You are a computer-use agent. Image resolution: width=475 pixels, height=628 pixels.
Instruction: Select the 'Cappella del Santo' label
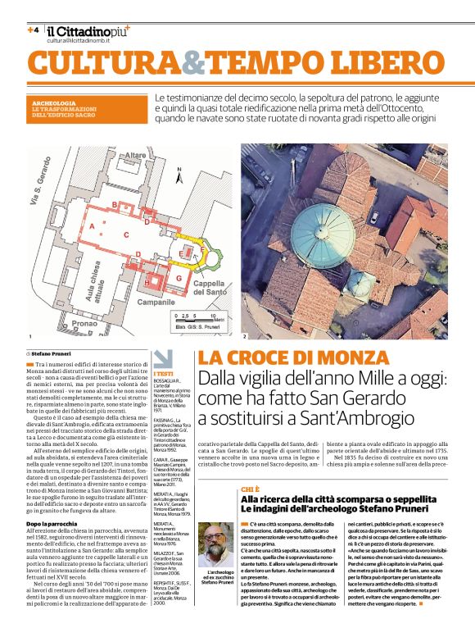pos(211,287)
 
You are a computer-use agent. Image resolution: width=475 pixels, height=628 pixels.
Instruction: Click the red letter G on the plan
pos(178,279)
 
